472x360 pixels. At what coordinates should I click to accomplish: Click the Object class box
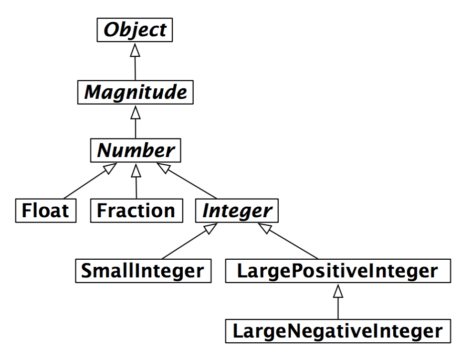click(x=136, y=30)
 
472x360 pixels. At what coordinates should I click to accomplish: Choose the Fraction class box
click(x=136, y=211)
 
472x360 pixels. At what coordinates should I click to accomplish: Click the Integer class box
click(x=237, y=211)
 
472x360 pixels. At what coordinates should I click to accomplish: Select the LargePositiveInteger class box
click(x=337, y=271)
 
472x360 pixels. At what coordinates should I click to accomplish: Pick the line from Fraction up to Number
click(x=136, y=186)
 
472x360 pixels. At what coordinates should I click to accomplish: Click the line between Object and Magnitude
click(x=136, y=67)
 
